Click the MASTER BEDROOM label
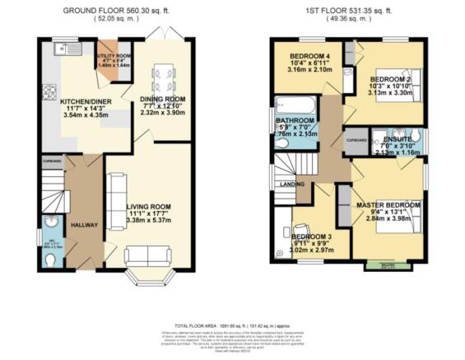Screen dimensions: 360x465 point(388,203)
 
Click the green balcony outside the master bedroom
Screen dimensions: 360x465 point(387,265)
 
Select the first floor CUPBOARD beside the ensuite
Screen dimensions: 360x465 point(356,141)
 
